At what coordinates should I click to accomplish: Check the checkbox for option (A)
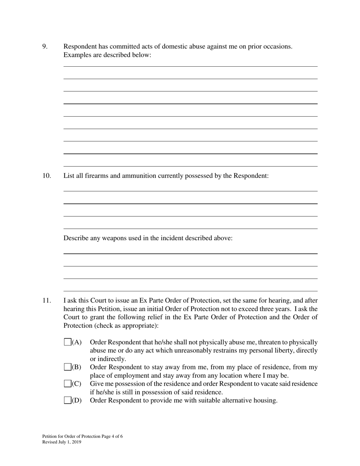tap(67, 342)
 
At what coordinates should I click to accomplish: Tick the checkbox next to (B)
tap(67, 367)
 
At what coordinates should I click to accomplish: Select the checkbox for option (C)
tap(67, 383)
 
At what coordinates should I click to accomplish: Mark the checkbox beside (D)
tap(67, 400)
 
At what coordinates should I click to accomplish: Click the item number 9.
tap(45, 47)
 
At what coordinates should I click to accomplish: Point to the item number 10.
tap(46, 176)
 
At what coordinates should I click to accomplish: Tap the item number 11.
tap(46, 301)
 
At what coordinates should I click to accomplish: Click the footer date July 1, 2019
tap(69, 442)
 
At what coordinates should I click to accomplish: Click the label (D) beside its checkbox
tap(77, 400)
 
